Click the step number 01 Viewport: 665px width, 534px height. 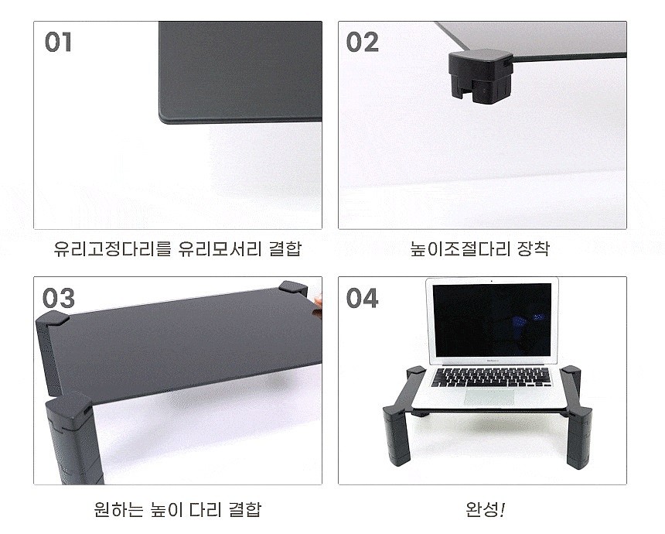(x=59, y=42)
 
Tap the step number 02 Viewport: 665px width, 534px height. (x=363, y=42)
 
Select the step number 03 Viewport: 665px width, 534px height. (x=59, y=298)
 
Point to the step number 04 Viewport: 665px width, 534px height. (x=363, y=298)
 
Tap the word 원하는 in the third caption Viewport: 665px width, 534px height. (x=114, y=510)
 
